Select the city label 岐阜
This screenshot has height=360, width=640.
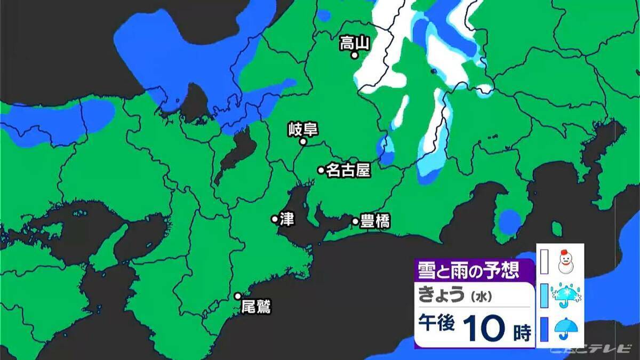[302, 129]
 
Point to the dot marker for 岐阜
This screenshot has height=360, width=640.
[303, 142]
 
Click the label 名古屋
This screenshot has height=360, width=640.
[348, 170]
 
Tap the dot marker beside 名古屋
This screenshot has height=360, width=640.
[321, 170]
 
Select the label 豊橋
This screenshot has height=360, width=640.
[375, 221]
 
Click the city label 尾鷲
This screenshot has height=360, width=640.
[256, 307]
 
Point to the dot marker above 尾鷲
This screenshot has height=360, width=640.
[238, 296]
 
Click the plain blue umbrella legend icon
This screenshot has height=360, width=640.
[564, 330]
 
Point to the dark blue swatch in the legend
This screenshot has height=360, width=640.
[544, 330]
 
